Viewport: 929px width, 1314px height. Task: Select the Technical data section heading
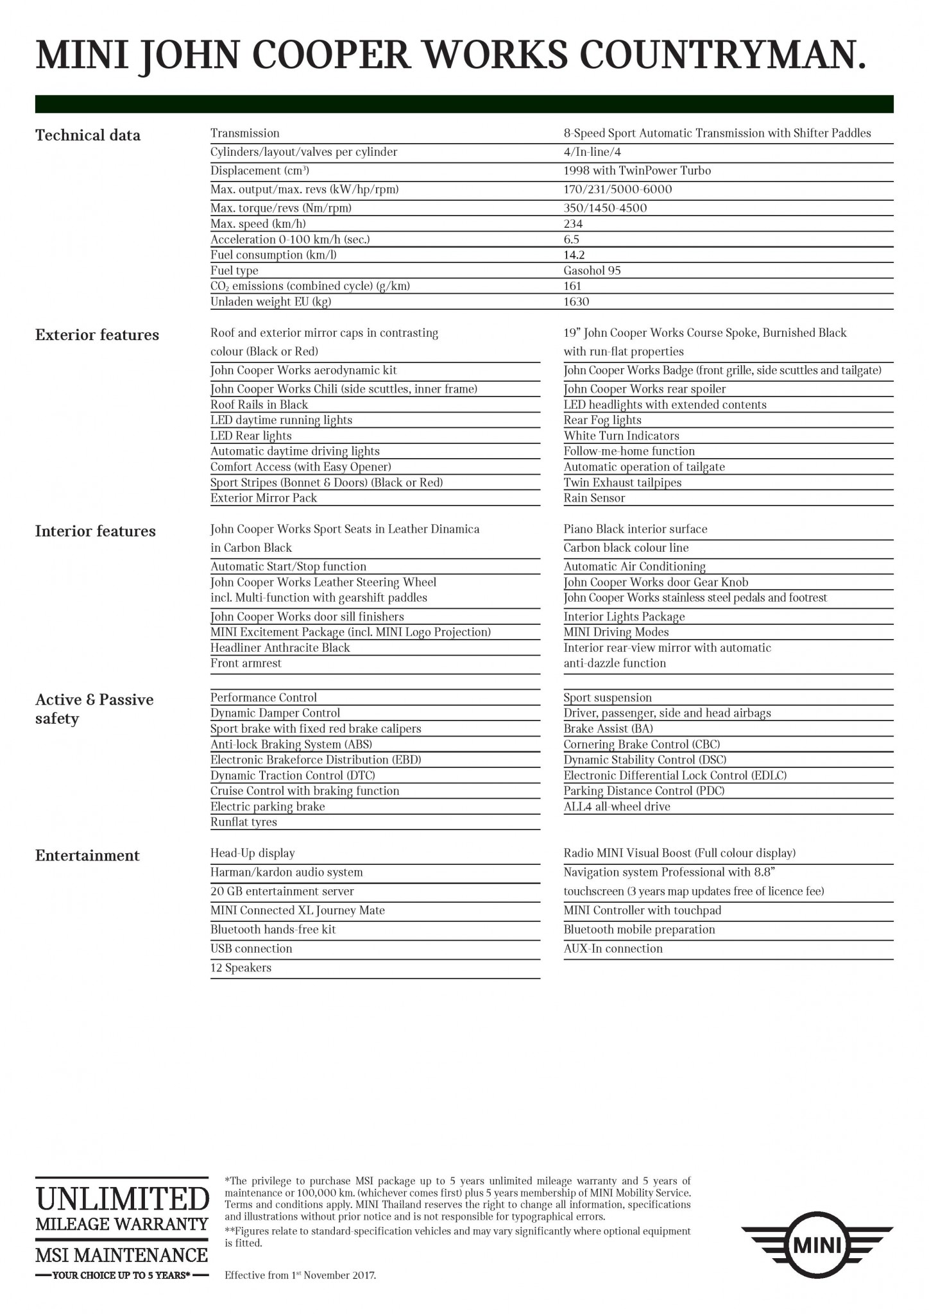pos(88,135)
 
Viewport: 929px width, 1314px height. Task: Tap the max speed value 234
pos(573,224)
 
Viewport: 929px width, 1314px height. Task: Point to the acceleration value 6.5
pos(571,239)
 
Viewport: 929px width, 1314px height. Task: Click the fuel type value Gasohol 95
pos(592,271)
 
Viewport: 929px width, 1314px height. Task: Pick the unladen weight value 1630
pos(576,302)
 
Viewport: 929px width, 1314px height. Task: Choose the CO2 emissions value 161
pos(572,286)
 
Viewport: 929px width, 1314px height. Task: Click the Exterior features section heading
pos(97,335)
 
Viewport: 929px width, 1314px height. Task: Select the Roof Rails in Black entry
pos(259,405)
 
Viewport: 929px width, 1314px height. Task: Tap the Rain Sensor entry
pos(594,498)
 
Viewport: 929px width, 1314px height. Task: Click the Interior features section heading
pos(96,531)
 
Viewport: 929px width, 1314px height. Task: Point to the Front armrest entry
pos(246,663)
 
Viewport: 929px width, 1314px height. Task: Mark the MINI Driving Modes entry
pos(616,632)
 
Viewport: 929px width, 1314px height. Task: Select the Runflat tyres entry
pos(244,823)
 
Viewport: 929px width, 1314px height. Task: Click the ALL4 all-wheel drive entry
pos(617,806)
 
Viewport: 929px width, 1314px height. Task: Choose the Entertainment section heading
pos(87,856)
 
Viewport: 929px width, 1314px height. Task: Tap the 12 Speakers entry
pos(241,968)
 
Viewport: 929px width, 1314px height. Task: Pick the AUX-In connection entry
pos(613,948)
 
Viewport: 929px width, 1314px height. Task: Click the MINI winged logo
pos(817,1247)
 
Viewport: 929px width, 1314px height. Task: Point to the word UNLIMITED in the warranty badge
pos(122,1199)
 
